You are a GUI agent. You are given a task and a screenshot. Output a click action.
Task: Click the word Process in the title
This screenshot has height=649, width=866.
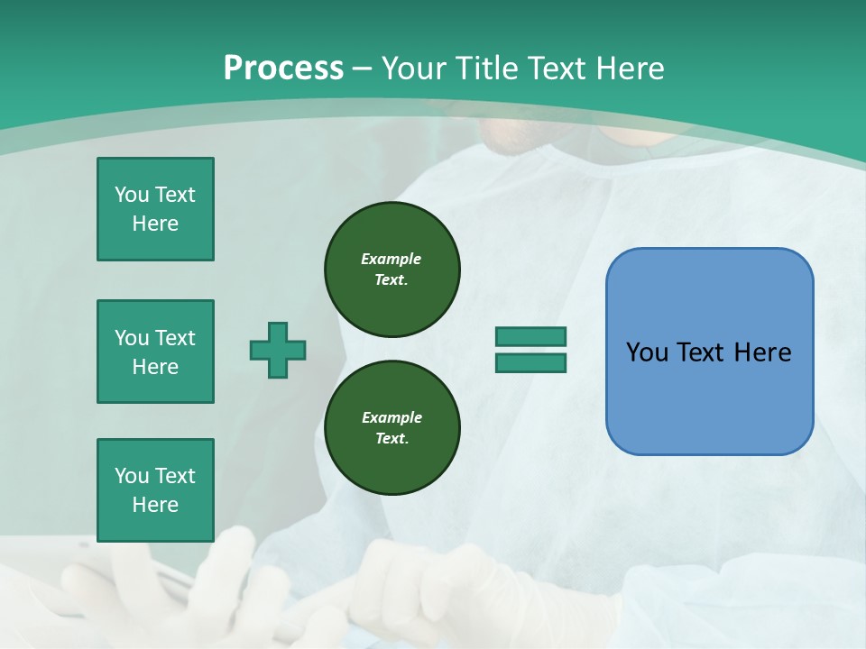(x=283, y=69)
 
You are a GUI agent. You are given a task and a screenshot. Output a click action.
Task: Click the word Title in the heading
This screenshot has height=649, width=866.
(x=486, y=69)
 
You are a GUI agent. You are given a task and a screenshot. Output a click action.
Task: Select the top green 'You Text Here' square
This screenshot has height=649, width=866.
(x=155, y=209)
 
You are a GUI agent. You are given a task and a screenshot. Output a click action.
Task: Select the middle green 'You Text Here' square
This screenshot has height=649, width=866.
(x=155, y=352)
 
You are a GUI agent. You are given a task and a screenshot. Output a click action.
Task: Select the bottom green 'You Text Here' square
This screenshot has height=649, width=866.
(x=155, y=490)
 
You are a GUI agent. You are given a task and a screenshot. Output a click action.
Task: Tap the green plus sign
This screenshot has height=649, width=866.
(x=278, y=350)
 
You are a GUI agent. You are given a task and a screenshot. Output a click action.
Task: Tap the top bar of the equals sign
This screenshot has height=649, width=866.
(x=530, y=337)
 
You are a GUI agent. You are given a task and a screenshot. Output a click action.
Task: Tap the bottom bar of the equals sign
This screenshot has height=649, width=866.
(x=530, y=362)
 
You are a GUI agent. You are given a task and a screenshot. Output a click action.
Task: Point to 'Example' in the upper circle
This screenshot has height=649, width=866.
(x=392, y=259)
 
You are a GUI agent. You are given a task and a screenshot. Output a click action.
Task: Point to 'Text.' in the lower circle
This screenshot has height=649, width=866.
(x=392, y=439)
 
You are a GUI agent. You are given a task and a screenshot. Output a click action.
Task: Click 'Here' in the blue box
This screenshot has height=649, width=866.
(x=763, y=352)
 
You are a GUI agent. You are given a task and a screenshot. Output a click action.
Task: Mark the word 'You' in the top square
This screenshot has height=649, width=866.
(x=131, y=195)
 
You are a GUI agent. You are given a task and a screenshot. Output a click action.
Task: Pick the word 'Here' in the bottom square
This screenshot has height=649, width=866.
(x=155, y=505)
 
